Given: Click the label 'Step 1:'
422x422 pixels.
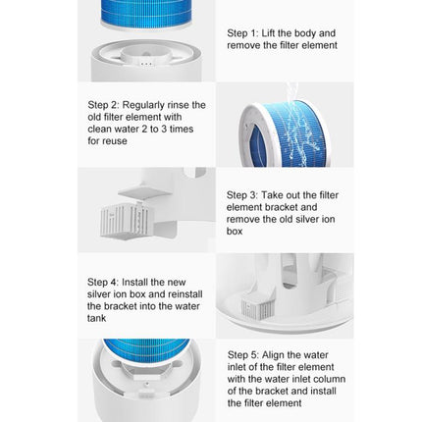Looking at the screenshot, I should point(240,32).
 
